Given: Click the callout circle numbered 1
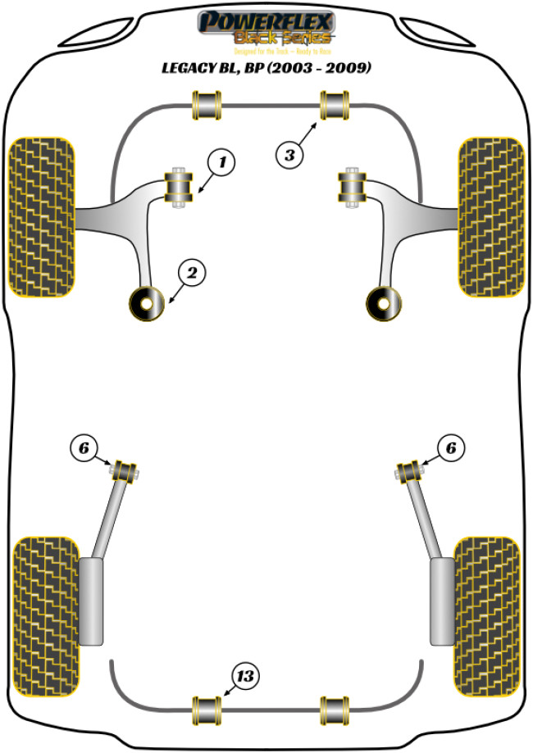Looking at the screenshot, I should [219, 163].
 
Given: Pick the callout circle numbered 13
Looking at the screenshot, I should [245, 676].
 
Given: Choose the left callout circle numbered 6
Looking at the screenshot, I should [83, 447].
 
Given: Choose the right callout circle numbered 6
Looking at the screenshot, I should [450, 447].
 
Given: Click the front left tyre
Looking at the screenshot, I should [42, 215].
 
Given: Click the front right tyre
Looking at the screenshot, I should [490, 215].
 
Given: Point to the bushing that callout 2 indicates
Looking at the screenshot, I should [146, 304].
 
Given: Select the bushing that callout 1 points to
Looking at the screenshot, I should [179, 188].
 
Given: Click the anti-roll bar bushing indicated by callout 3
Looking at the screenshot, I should [335, 106].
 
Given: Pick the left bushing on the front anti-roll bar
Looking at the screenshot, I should [207, 106].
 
